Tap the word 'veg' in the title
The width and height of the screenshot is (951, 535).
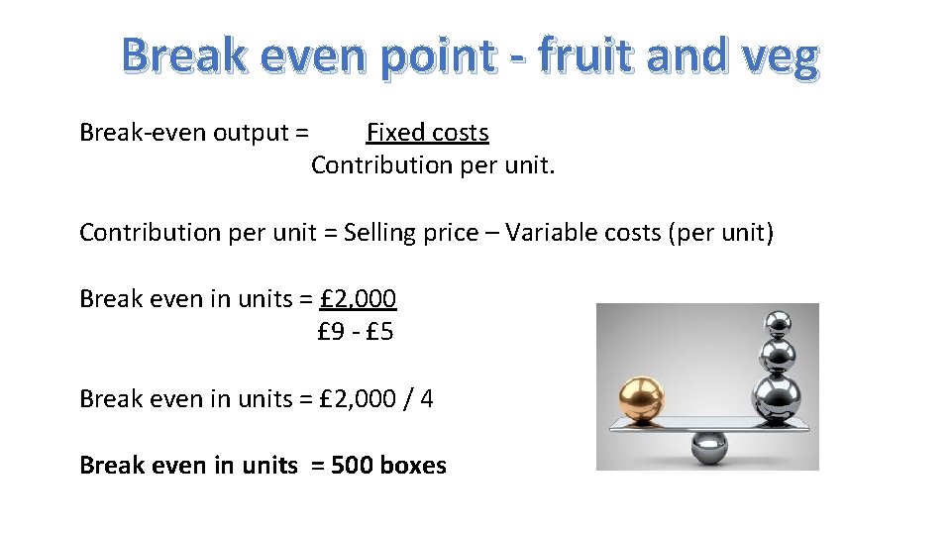pyautogui.click(x=779, y=56)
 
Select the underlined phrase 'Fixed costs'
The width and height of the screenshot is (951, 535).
pyautogui.click(x=427, y=132)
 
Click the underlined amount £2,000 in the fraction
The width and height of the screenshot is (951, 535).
pyautogui.click(x=359, y=298)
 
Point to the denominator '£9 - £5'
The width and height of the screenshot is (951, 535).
pyautogui.click(x=355, y=331)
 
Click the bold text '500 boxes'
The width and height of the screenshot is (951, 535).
pyautogui.click(x=388, y=465)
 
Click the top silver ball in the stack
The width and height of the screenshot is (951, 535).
pyautogui.click(x=775, y=323)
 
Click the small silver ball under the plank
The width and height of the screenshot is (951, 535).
pyautogui.click(x=709, y=447)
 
